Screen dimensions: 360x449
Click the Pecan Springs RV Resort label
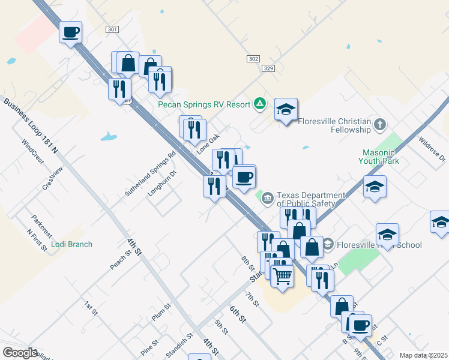coord(204,104)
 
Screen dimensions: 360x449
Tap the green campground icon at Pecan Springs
coord(259,104)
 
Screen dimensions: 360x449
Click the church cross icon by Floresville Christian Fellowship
coord(379,125)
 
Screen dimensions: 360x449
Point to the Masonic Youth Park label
coord(379,157)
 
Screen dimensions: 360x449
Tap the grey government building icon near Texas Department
coord(267,196)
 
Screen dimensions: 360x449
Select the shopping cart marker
coord(282,276)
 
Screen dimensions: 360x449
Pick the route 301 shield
coord(112,29)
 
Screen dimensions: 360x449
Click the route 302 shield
coord(253,59)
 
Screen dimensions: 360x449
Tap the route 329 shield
coord(268,69)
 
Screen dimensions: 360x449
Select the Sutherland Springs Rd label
coord(150,174)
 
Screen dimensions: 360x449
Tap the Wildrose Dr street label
coord(432,151)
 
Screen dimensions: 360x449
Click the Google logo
coord(19,353)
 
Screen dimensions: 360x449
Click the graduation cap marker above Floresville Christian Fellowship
coord(286,110)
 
